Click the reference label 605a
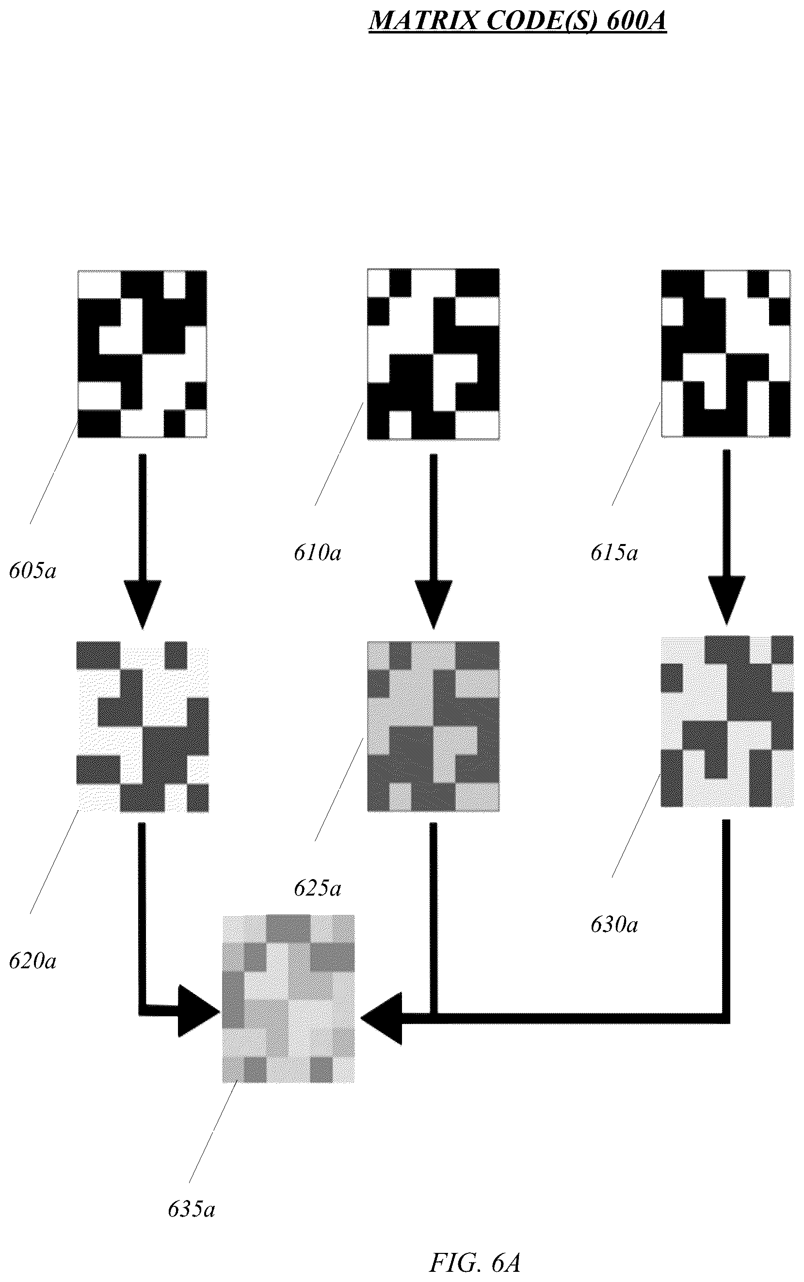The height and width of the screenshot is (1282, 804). [x=33, y=571]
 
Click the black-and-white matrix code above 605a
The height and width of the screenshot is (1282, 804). [x=143, y=354]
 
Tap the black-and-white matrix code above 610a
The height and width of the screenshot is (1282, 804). [x=434, y=354]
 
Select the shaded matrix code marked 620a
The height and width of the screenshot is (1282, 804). [x=143, y=727]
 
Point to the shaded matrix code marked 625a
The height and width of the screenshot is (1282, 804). [x=434, y=727]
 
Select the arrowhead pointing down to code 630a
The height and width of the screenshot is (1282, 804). [x=727, y=601]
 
